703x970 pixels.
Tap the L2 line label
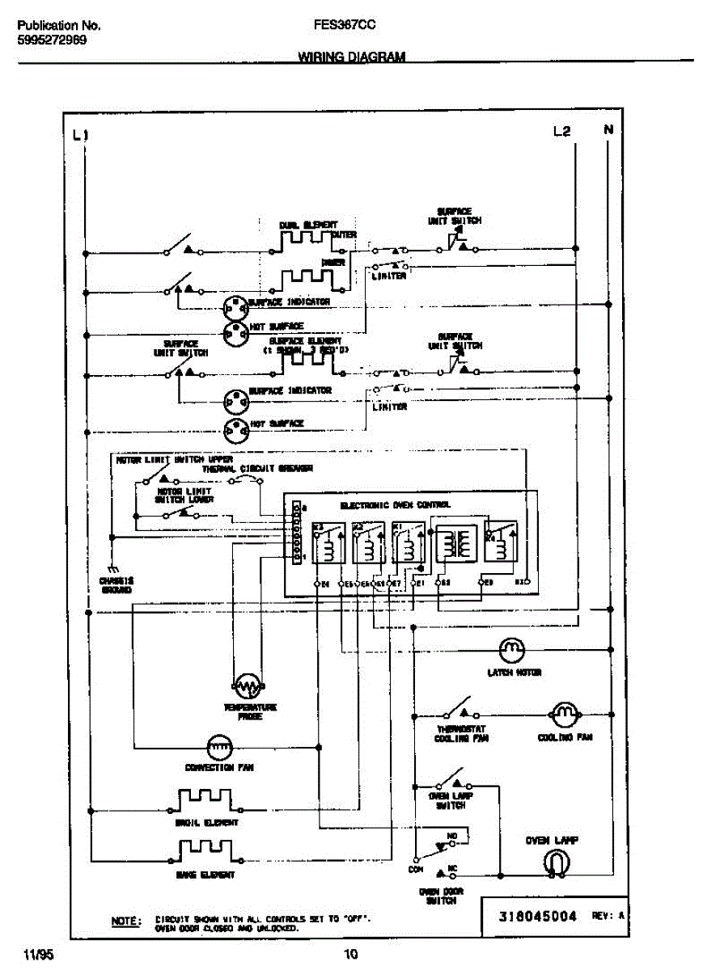pos(562,130)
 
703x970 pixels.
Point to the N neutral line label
pos(608,129)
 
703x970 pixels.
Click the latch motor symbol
pos(511,648)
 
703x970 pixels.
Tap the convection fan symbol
pos(219,745)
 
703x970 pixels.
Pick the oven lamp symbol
pos(554,864)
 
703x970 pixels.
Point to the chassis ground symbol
pos(116,568)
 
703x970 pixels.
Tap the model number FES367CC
pos(343,25)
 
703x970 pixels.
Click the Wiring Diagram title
pos(352,57)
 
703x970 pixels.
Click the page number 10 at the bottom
pos(351,954)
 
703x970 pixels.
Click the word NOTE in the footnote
pos(125,920)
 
